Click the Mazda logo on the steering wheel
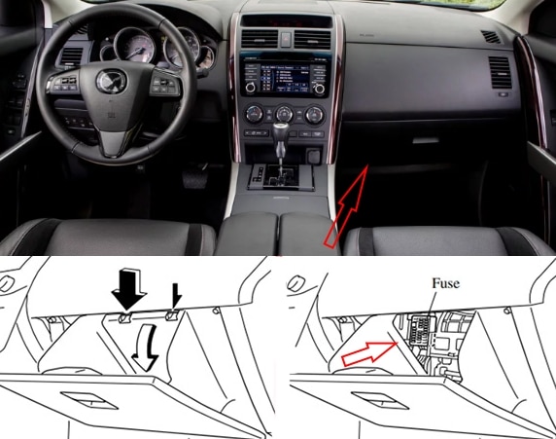tap(112, 81)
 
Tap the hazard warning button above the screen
tap(286, 39)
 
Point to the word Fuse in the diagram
tap(445, 283)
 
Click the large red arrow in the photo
tap(346, 206)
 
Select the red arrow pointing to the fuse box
tap(369, 353)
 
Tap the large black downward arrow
tap(128, 288)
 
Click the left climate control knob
tap(255, 114)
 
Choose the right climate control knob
tap(315, 115)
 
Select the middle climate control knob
tap(285, 114)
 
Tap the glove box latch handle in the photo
tap(426, 140)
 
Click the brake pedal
tap(194, 176)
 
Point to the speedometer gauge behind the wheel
tap(135, 46)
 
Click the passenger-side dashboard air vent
tap(500, 73)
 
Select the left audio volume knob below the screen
tap(250, 88)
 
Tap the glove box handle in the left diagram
tap(89, 401)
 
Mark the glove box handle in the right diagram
tap(380, 401)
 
